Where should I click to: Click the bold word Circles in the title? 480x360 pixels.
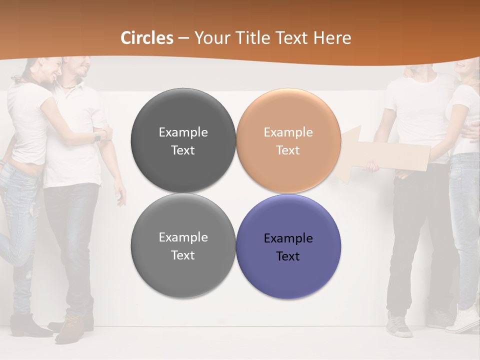(147, 38)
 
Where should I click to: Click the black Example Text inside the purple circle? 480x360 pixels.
(288, 247)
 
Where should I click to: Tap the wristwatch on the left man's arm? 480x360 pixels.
(98, 136)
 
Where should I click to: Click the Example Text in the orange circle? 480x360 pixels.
(288, 141)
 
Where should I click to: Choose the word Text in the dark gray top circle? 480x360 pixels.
(183, 150)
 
